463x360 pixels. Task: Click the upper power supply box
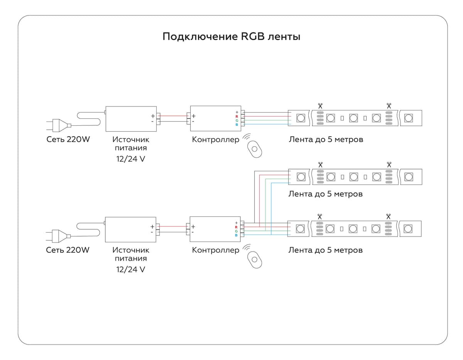[131, 119]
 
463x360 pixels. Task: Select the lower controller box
[215, 229]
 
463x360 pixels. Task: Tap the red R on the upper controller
[237, 116]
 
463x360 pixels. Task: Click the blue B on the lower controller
[236, 235]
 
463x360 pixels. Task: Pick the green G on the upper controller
[237, 120]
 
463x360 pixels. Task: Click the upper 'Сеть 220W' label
[68, 139]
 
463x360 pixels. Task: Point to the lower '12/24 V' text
[130, 269]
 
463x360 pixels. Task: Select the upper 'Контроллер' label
[215, 139]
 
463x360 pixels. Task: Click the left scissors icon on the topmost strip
[320, 105]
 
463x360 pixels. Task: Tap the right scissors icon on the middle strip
[389, 164]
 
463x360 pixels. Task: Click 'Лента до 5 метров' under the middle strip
[325, 194]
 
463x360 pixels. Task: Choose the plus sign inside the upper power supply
[153, 116]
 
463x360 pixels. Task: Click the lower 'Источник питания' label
[130, 254]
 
